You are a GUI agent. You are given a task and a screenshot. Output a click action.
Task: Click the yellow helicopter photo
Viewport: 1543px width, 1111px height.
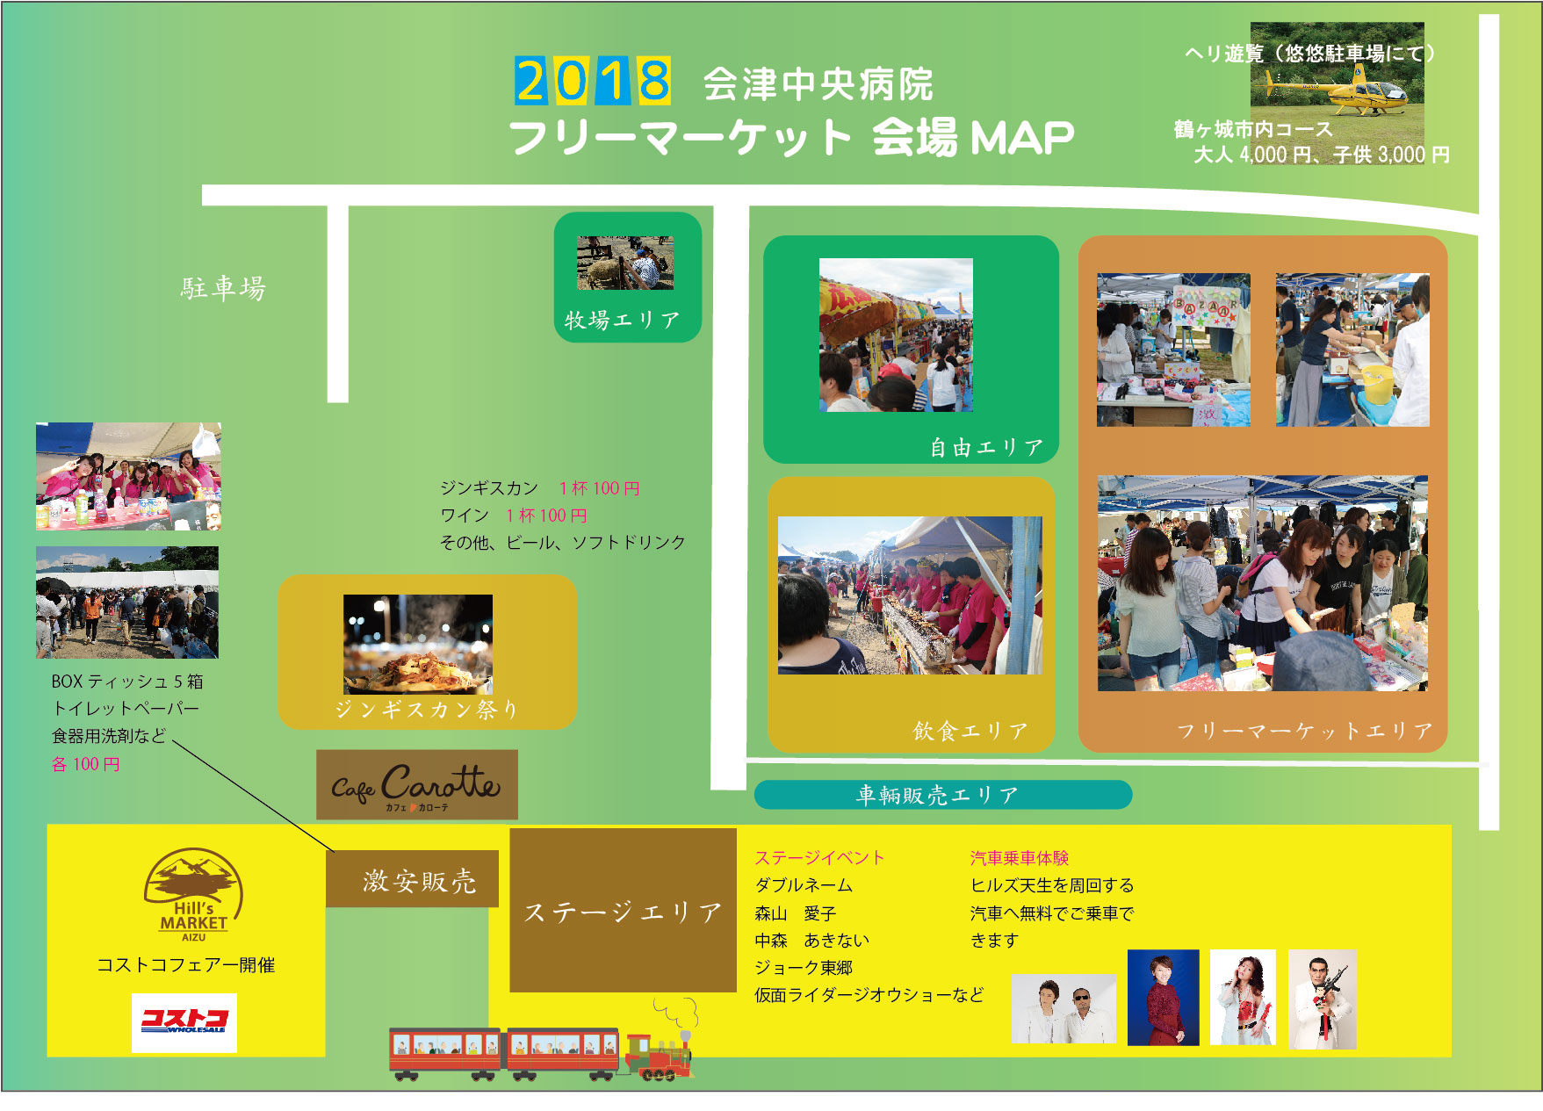1337,82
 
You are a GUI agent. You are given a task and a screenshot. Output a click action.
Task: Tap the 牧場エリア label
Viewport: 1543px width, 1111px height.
622,320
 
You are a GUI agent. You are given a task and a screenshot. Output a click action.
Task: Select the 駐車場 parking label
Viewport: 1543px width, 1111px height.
223,288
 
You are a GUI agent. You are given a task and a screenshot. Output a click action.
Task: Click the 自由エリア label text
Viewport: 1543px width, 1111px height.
986,448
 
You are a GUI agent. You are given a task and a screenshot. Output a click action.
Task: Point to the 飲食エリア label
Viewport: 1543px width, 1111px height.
970,731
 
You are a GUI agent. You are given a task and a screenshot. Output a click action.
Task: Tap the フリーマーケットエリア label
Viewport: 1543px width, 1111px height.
1304,731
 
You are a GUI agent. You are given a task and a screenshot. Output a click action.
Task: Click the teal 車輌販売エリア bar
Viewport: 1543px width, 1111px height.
943,795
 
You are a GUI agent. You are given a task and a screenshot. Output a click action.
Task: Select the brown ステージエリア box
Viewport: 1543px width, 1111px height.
623,910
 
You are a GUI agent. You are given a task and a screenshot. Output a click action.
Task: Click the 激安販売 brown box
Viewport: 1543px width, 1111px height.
413,879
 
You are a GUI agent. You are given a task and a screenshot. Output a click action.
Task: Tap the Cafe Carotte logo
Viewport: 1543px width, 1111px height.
417,785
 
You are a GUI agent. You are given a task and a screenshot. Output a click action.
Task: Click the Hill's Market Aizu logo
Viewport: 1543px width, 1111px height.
193,895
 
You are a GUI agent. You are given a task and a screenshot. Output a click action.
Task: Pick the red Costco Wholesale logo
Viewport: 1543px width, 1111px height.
184,1022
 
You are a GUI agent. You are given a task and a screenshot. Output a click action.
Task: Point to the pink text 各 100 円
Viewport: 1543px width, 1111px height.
85,764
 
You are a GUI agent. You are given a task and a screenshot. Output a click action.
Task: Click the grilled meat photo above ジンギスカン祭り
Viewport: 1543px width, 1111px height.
418,645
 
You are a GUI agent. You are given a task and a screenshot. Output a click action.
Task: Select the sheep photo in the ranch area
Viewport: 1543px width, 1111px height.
625,263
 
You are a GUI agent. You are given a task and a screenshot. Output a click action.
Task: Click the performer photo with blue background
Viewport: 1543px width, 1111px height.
1163,998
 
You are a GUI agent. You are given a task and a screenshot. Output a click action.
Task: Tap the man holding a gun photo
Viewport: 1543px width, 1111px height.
1323,999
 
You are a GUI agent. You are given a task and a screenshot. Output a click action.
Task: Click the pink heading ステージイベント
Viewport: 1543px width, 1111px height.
819,858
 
